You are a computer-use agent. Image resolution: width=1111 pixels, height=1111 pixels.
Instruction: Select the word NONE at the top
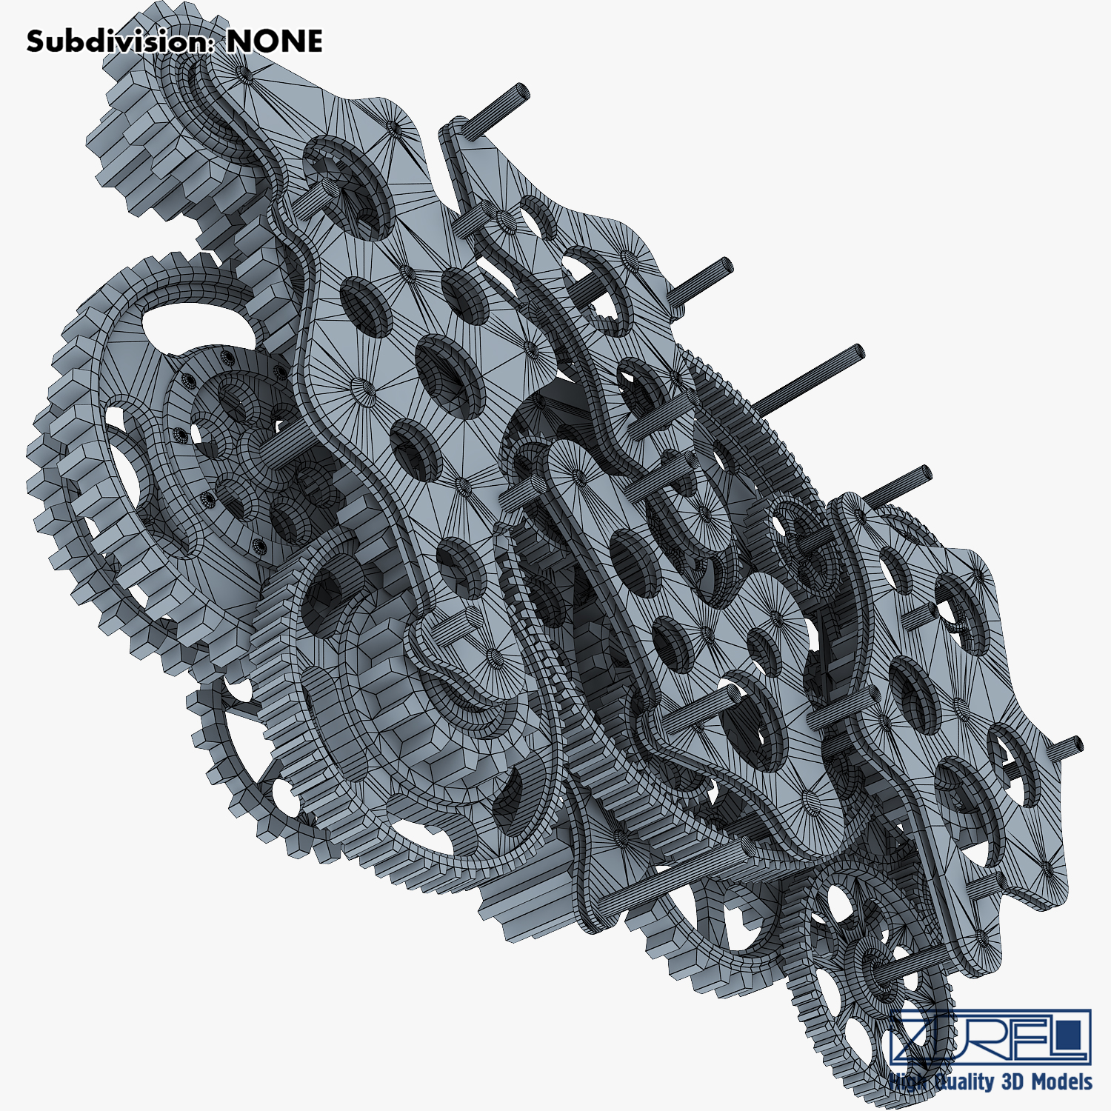(x=274, y=41)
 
